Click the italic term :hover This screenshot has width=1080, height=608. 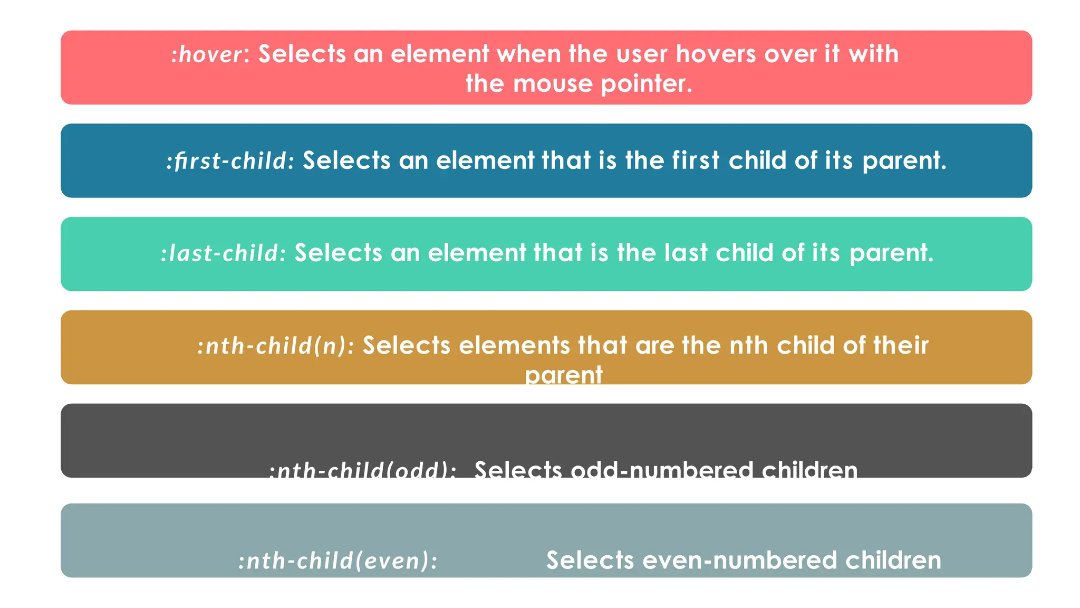point(208,54)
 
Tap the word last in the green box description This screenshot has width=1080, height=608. point(686,253)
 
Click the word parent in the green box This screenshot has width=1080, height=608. point(891,253)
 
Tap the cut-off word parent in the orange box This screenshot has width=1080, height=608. point(563,375)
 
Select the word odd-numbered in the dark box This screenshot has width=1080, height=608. point(662,469)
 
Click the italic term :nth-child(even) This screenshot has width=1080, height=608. point(337,560)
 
